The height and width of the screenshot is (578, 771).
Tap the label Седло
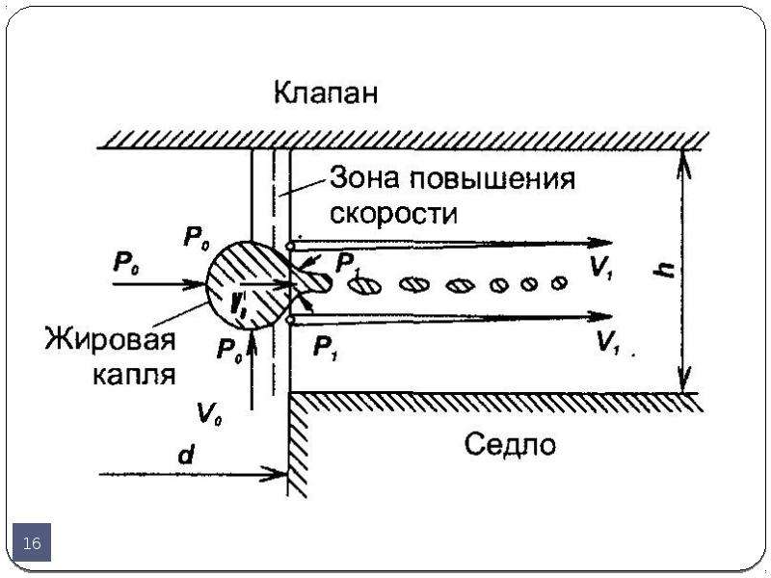tap(510, 444)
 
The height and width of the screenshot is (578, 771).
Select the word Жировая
tap(110, 339)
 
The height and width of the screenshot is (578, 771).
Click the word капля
tap(134, 375)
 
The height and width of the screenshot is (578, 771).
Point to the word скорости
tap(394, 213)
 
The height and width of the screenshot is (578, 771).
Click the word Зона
tap(364, 177)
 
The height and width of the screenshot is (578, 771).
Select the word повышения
tap(492, 179)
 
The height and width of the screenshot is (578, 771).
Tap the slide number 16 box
tap(32, 542)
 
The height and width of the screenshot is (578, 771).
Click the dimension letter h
tap(666, 270)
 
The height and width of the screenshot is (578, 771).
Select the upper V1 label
tap(600, 268)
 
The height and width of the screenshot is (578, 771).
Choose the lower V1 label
tap(609, 342)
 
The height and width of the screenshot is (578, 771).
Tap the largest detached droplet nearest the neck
tap(365, 285)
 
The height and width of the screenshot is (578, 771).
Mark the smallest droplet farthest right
tap(559, 283)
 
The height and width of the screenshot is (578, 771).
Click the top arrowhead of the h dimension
tap(683, 162)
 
